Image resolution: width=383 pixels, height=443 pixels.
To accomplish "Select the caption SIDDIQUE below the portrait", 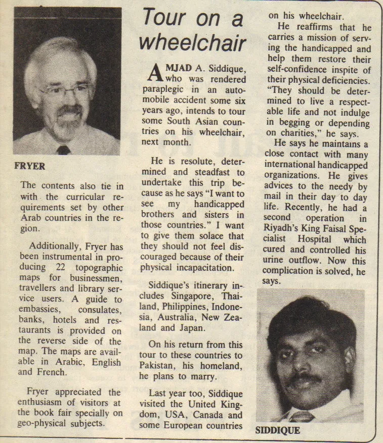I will pyautogui.click(x=277, y=430).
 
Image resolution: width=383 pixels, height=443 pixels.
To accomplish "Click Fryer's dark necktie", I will pyautogui.click(x=63, y=150).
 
